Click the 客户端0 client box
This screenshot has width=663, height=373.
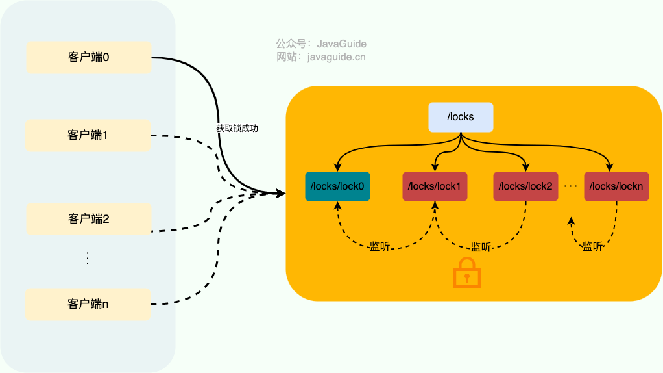[88, 57]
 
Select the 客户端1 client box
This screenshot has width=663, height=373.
[88, 135]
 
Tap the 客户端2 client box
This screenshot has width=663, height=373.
[88, 218]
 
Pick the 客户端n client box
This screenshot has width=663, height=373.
[88, 303]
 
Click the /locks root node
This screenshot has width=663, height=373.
[461, 118]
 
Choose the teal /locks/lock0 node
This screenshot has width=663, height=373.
[337, 186]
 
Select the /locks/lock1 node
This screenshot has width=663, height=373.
[435, 186]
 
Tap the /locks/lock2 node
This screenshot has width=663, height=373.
[525, 186]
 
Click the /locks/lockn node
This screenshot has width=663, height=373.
[616, 186]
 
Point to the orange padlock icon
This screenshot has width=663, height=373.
[466, 272]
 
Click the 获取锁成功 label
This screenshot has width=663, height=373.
[237, 129]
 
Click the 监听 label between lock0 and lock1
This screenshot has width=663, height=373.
[380, 246]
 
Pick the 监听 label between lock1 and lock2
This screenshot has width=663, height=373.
[481, 247]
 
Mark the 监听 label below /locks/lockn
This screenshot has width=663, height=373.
[592, 246]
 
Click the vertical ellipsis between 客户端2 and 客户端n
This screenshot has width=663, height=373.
[88, 258]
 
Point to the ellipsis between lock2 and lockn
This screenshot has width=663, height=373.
[571, 186]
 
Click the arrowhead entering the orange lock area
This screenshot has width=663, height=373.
[280, 193]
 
